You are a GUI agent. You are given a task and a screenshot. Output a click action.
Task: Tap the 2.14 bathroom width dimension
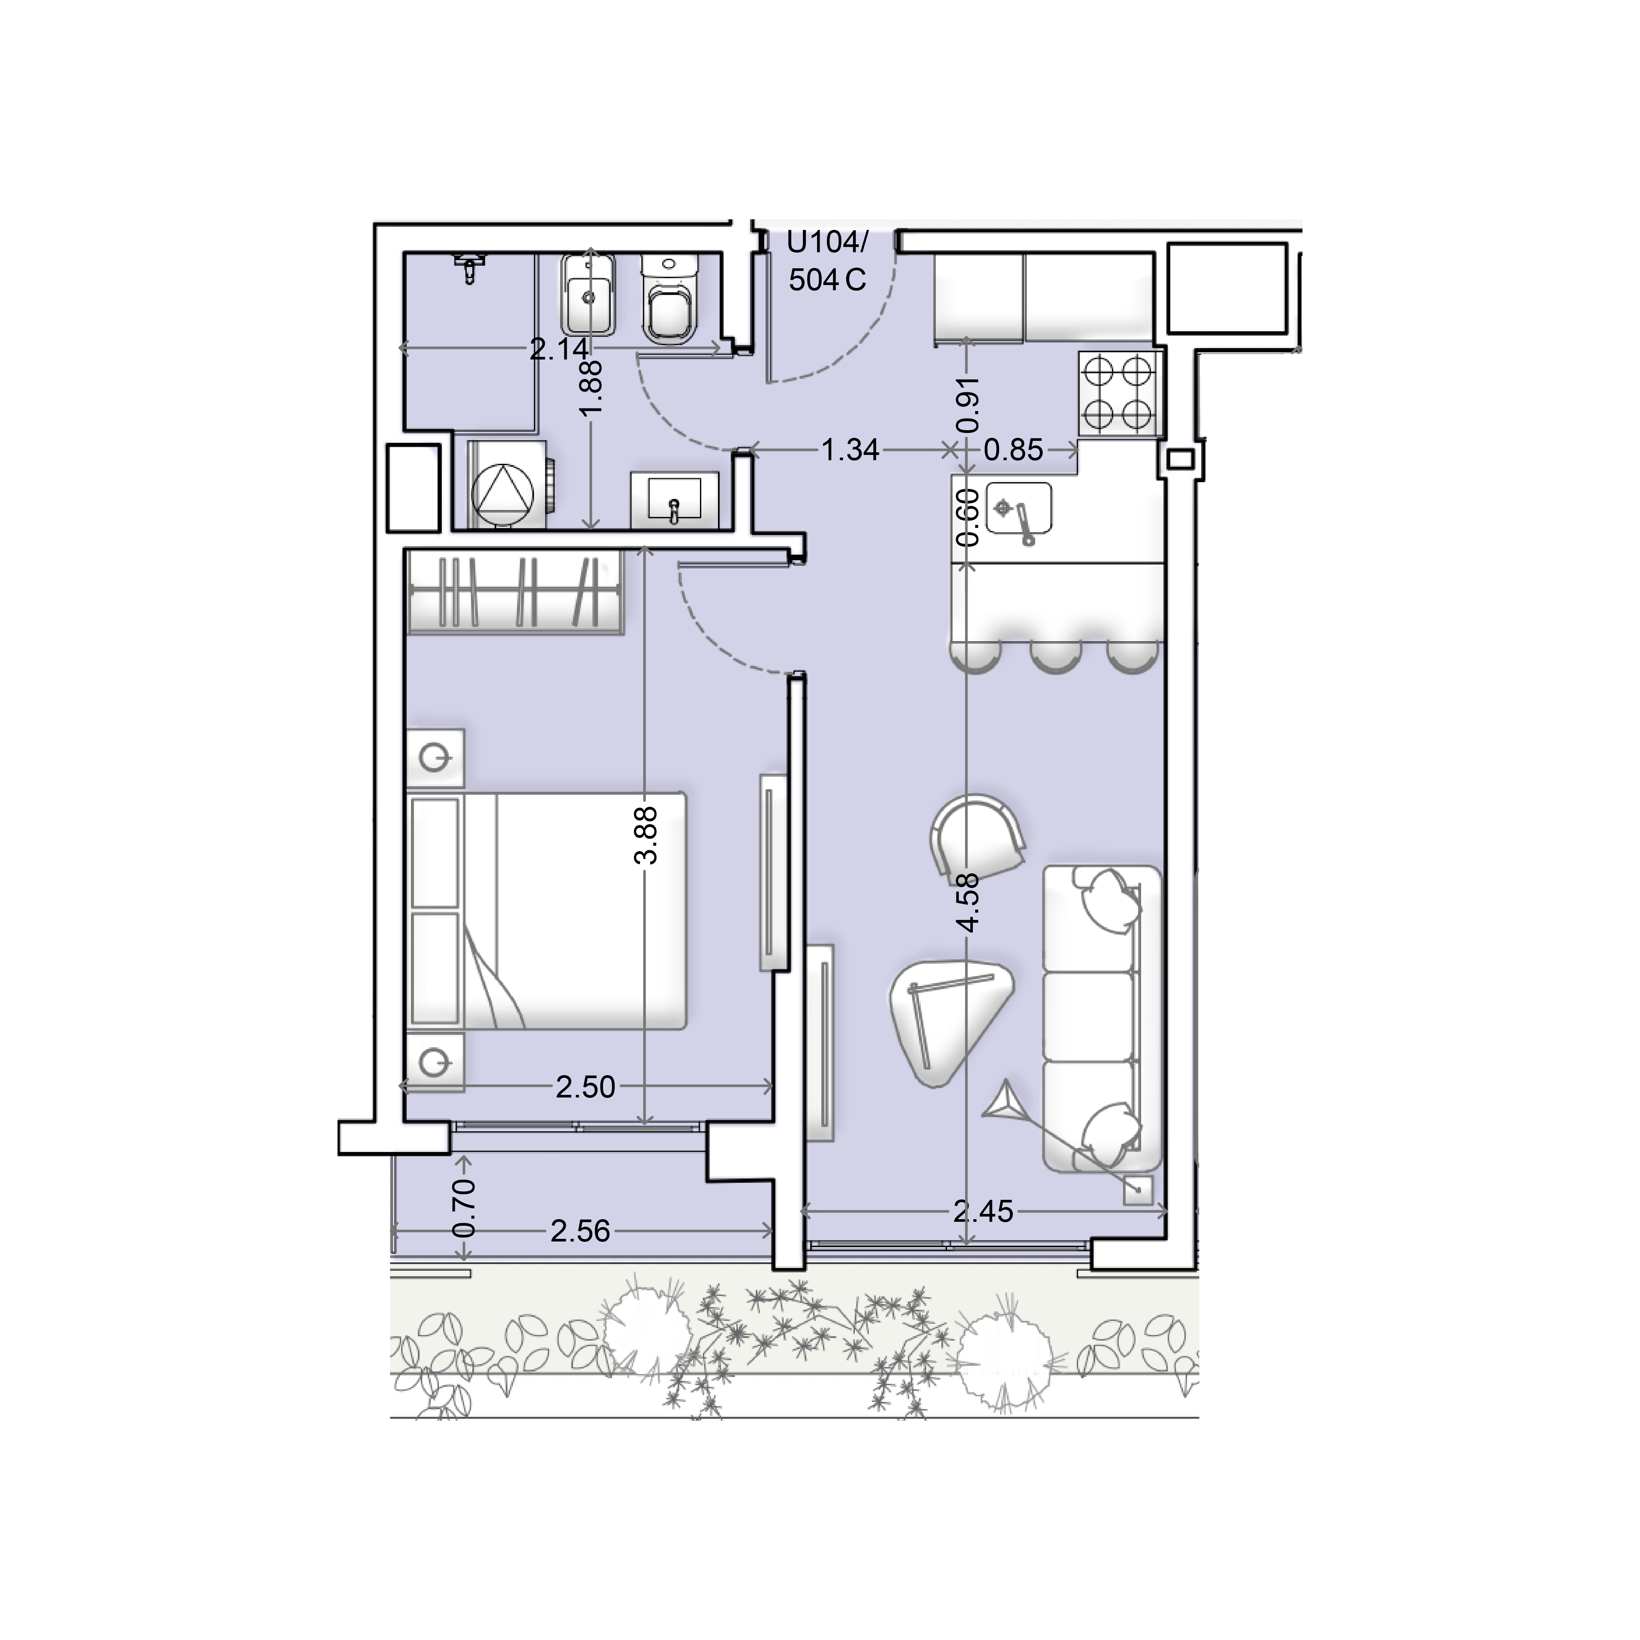click(x=559, y=349)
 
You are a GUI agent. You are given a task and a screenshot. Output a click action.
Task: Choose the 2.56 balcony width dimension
click(x=581, y=1231)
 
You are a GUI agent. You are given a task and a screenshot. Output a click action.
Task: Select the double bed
click(x=547, y=911)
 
